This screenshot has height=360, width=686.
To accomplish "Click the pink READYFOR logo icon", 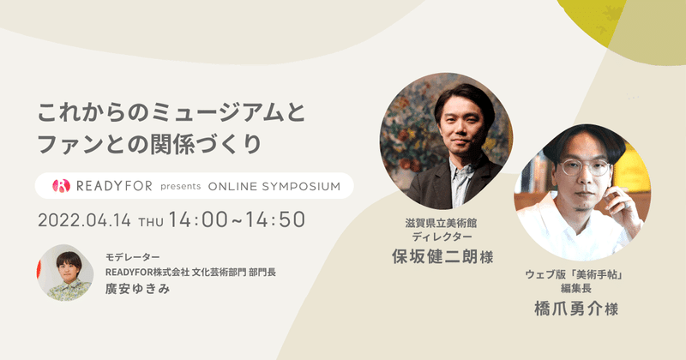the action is tap(61, 186).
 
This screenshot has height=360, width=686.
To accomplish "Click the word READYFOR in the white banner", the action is tap(114, 186).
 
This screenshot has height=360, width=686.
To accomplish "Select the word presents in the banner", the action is tap(180, 186).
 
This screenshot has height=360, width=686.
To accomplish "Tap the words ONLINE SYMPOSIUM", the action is tap(274, 186).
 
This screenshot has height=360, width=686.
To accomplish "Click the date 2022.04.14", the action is tap(84, 220).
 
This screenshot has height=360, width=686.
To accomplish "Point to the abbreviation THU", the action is tap(151, 222).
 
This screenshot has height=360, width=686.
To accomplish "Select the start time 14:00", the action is tap(198, 219).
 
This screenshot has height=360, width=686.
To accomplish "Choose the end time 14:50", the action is tap(275, 219).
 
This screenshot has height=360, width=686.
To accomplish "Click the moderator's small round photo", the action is tap(65, 273).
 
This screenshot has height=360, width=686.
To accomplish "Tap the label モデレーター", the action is tap(133, 257).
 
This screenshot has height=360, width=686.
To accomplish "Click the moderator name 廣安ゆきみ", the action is tap(137, 289).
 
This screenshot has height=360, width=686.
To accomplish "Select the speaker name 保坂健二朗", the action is tap(435, 257).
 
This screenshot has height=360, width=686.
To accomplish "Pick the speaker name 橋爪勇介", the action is tap(569, 309).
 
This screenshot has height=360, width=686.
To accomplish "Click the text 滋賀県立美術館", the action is tap(441, 223).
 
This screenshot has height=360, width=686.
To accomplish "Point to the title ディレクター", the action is tap(442, 237).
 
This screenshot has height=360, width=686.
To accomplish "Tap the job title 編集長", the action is tap(576, 288).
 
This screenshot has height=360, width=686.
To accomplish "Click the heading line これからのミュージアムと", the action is tap(171, 113).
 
